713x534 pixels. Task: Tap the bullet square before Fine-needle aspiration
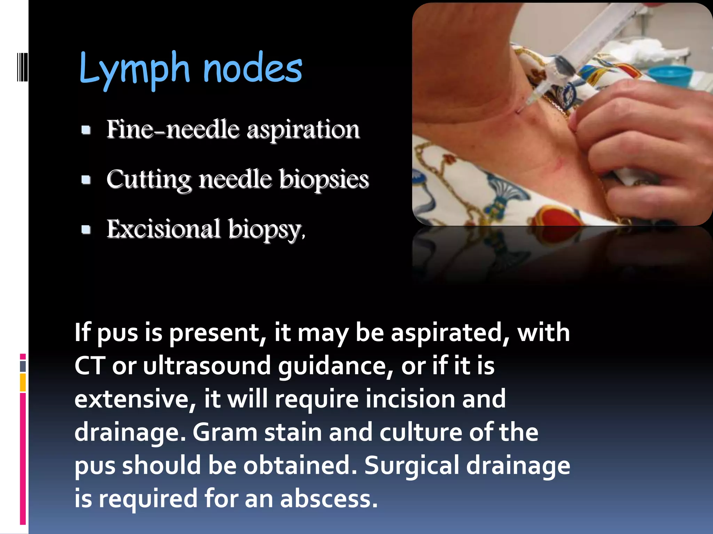86,130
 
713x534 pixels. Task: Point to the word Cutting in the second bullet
149,180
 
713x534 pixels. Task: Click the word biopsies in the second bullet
324,180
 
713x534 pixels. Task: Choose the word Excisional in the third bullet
163,229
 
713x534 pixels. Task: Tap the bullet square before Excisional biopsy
86,229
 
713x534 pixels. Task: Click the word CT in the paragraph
89,366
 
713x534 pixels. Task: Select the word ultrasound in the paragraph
207,366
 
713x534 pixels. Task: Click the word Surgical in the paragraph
412,466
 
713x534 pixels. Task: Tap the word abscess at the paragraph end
329,499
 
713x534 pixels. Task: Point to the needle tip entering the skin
519,111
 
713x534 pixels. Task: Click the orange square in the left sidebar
23,382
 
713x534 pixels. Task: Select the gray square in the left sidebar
23,366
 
